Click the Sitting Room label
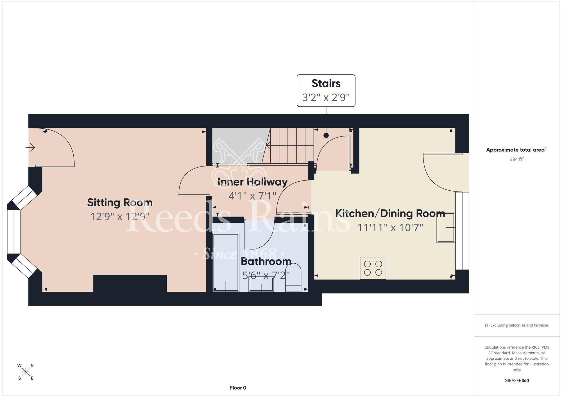click(120, 202)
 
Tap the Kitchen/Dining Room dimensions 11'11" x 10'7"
click(390, 227)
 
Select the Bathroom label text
click(266, 261)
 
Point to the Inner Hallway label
click(252, 182)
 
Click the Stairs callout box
click(326, 90)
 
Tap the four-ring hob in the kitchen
click(373, 268)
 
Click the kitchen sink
click(446, 227)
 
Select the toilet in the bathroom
click(293, 277)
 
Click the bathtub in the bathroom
click(226, 262)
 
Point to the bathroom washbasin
click(261, 284)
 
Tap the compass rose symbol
click(26, 372)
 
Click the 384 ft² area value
click(516, 159)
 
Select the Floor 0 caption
click(238, 388)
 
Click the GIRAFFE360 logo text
click(516, 381)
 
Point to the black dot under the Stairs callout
click(326, 135)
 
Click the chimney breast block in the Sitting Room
click(130, 284)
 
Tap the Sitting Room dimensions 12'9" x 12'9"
click(120, 216)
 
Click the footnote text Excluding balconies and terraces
click(516, 325)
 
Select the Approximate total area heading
click(516, 150)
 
